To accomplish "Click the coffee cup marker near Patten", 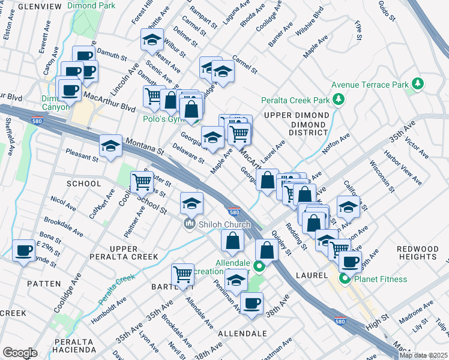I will coord(24,250).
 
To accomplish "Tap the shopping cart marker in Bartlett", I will coord(182,275).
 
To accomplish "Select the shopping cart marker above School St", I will coord(141,181).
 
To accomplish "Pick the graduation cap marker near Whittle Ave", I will coord(152,41).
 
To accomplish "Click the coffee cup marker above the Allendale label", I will coord(251,303).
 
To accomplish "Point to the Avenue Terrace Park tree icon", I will coord(415,84).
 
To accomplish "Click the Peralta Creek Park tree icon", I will coord(339,100).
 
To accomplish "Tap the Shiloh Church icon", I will coord(190,224).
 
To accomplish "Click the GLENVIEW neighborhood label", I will coord(40,6).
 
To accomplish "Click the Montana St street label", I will coord(144,147).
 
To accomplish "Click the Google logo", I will coord(20,353).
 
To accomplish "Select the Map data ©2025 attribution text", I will coord(423,355).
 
